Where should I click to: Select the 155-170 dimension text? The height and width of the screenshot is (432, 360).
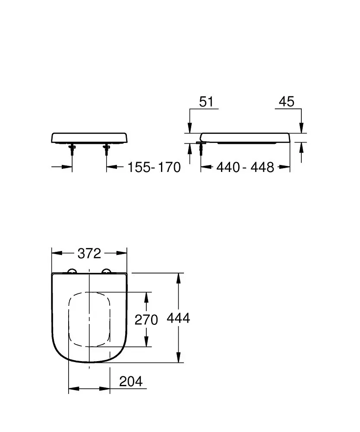154,167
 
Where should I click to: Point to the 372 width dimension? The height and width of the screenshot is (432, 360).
89,254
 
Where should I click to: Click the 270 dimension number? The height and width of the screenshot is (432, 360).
146,320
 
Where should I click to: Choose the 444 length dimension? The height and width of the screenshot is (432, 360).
178,318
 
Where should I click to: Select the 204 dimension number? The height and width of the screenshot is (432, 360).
130,381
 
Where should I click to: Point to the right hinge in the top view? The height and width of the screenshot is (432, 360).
106,271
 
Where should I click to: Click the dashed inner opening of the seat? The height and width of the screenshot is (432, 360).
89,319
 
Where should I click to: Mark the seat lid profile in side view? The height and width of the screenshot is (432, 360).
246,137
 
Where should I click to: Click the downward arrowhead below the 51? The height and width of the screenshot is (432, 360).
189,128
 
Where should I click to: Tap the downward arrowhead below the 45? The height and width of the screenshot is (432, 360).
302,128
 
